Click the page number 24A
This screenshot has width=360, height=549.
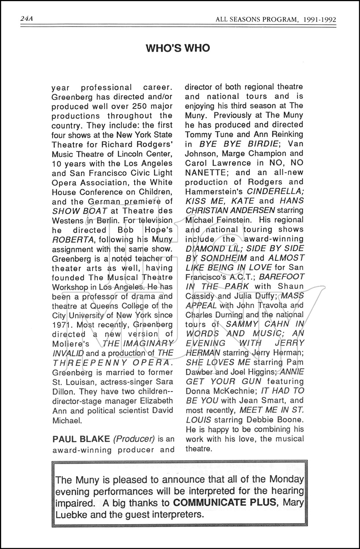tap(27, 19)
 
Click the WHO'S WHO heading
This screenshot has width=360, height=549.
tap(178, 48)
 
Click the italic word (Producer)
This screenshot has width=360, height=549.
tap(134, 438)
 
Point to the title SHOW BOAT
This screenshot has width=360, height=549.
tap(80, 211)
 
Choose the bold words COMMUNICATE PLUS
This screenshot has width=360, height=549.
tap(224, 503)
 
